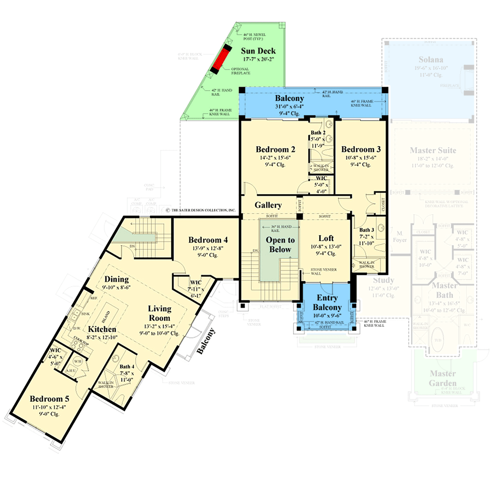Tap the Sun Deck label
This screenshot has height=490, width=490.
(x=258, y=51)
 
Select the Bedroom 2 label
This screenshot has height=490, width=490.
(x=275, y=149)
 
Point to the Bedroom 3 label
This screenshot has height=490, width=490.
(x=361, y=149)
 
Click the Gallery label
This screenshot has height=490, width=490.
(x=268, y=205)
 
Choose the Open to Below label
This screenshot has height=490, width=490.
(x=280, y=245)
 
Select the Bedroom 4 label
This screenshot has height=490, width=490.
(x=208, y=240)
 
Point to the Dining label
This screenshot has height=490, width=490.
(x=116, y=279)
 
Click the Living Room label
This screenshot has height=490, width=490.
(x=160, y=314)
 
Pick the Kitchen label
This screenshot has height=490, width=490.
(x=102, y=329)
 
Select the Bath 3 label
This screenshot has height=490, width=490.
(x=367, y=230)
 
